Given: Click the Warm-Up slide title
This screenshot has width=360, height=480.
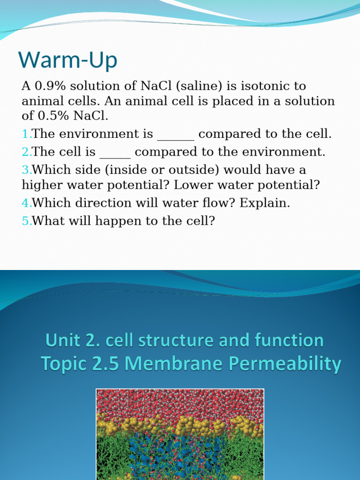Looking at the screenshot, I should tap(68, 60).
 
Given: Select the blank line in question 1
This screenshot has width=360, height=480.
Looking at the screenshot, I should tap(175, 136).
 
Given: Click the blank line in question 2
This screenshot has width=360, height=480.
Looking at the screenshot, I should tap(115, 155).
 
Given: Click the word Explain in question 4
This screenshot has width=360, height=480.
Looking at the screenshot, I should tap(265, 203).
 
